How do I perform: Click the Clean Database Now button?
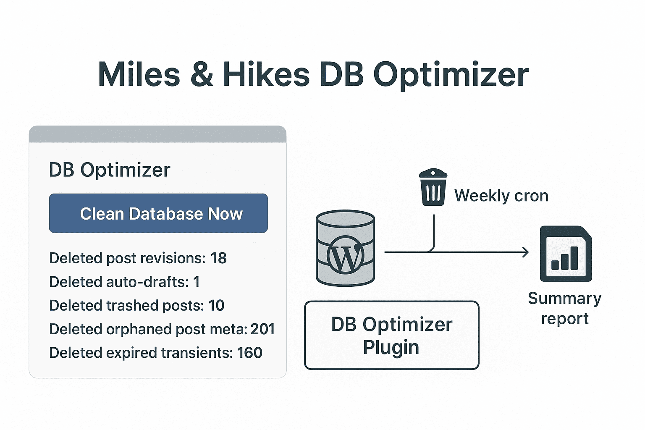coord(158,213)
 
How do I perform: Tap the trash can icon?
coord(433,187)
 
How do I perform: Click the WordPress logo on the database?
coord(345,254)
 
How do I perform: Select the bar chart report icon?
coord(566,254)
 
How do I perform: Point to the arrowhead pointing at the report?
coord(526,252)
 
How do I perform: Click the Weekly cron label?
coord(501,196)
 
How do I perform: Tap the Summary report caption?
coord(565,308)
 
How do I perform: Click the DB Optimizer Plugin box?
coord(392,335)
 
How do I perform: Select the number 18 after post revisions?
coord(218,258)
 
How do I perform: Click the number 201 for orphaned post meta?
coord(262,329)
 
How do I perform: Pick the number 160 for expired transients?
coord(250,353)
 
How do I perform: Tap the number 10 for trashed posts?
coord(216,305)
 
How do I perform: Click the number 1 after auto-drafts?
coord(197,282)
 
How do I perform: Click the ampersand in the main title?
coord(202,74)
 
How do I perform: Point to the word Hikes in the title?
coord(266,74)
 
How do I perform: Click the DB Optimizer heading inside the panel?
coord(110,170)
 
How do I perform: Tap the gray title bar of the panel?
coord(158,134)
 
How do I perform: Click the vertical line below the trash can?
coord(434,232)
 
